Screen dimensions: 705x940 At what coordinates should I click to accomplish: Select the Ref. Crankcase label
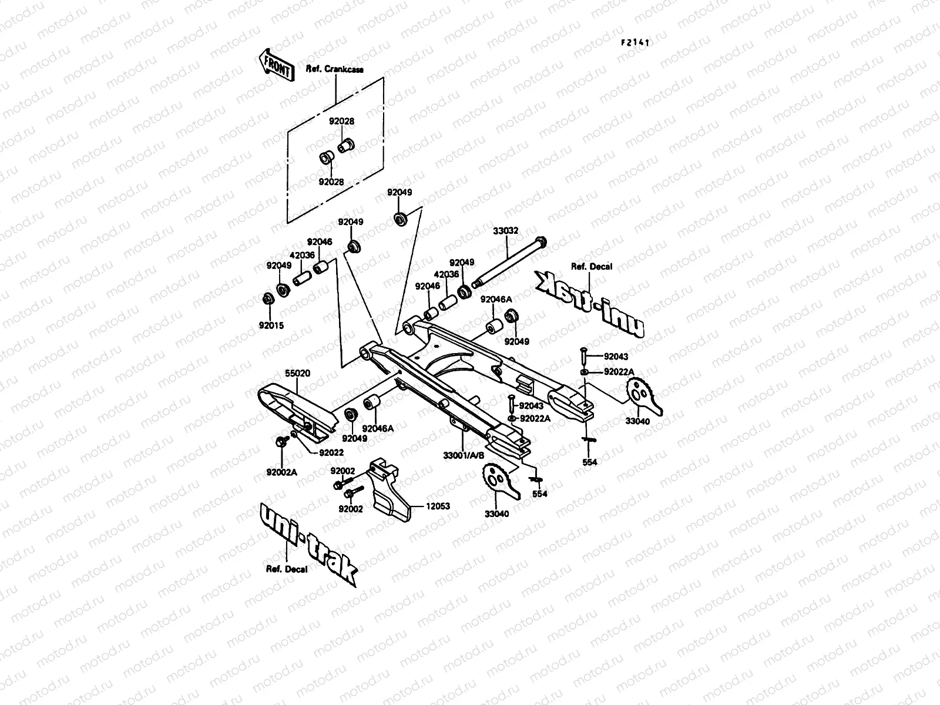pos(334,69)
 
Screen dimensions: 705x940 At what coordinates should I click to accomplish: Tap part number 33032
pos(505,231)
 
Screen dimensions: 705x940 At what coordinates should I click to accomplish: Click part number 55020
pos(297,373)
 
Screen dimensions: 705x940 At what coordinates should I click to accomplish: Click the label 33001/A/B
pos(464,455)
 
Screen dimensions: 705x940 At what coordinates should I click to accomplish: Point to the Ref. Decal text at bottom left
pos(287,569)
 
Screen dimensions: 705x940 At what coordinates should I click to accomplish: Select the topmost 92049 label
pos(399,193)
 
